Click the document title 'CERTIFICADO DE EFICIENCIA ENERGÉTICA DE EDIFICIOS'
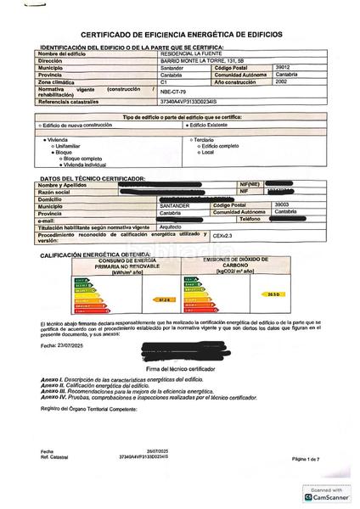click(x=179, y=35)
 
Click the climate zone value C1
click(x=164, y=82)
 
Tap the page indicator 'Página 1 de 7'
click(x=306, y=459)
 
